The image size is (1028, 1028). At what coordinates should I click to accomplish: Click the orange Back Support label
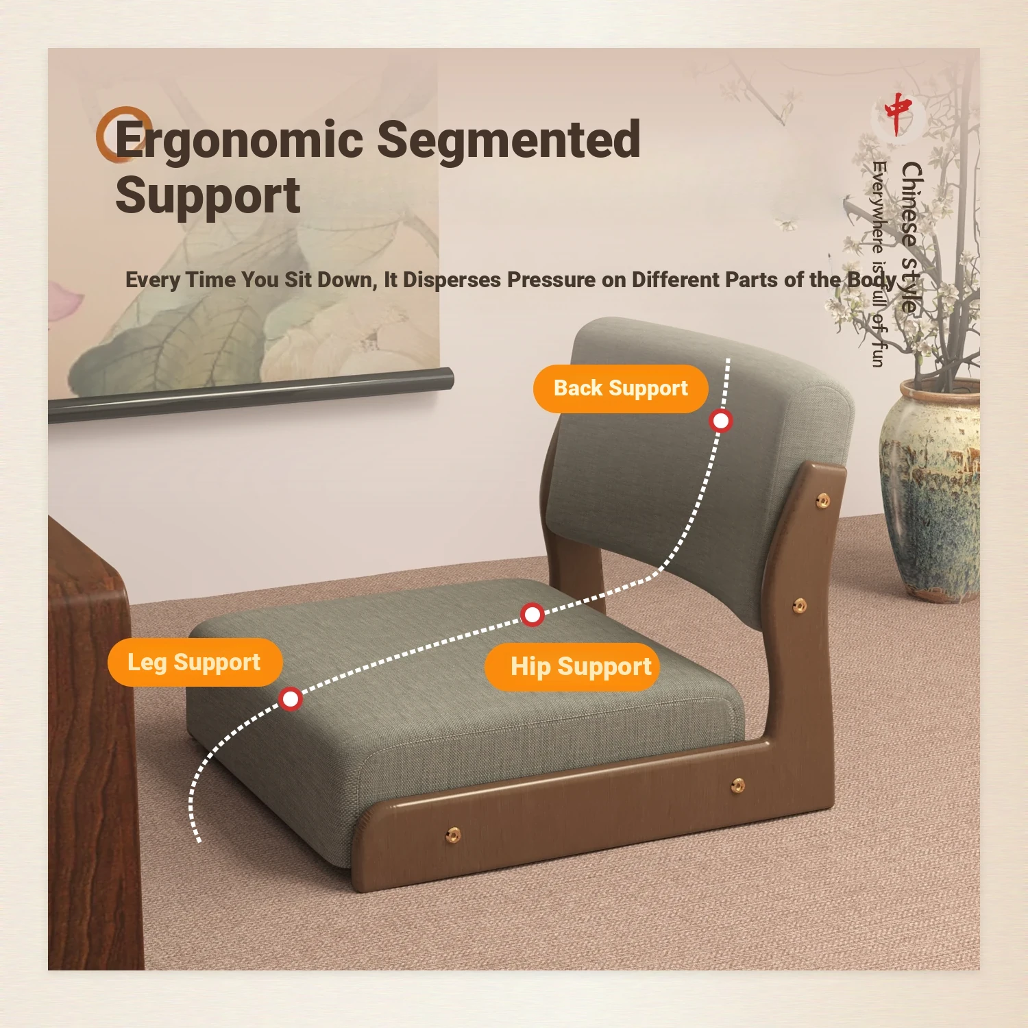[x=620, y=389]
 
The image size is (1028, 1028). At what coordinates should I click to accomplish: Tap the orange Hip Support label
[x=572, y=666]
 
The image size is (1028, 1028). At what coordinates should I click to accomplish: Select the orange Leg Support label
[x=195, y=662]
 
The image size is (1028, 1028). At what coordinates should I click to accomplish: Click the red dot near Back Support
[x=721, y=420]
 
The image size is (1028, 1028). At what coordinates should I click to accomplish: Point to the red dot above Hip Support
[x=533, y=614]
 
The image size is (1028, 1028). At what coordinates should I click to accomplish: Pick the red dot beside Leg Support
[x=291, y=698]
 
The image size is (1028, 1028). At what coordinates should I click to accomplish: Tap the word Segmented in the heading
[x=509, y=139]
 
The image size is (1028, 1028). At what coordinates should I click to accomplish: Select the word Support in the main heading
[x=208, y=196]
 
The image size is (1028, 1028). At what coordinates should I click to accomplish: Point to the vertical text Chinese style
[x=911, y=237]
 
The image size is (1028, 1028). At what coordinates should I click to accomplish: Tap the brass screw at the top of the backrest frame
[x=822, y=501]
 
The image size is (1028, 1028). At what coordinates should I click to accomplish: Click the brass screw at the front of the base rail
[x=453, y=834]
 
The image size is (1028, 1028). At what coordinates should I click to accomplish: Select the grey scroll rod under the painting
[x=251, y=395]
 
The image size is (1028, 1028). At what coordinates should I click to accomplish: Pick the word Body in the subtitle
[x=872, y=280]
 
